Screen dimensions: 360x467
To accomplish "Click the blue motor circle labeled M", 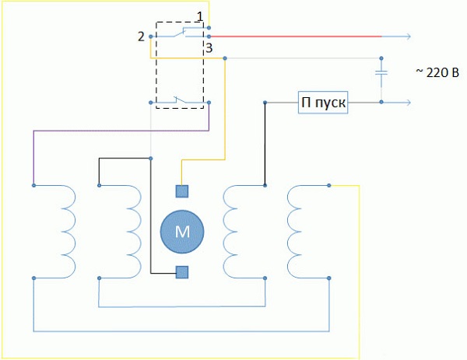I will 181,230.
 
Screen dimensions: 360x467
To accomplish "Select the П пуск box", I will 323,103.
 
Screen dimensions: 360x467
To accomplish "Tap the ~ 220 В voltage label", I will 437,72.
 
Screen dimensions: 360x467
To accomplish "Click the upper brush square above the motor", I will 181,190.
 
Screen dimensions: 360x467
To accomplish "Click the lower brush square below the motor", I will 181,271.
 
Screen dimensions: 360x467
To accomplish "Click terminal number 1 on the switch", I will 200,16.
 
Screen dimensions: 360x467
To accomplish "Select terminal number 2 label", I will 141,37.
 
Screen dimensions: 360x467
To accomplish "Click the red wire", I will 296,36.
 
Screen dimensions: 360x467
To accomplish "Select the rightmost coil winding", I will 299,231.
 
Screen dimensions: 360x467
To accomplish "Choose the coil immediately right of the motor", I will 233,231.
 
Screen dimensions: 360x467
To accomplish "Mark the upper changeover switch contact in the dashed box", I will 184,33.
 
